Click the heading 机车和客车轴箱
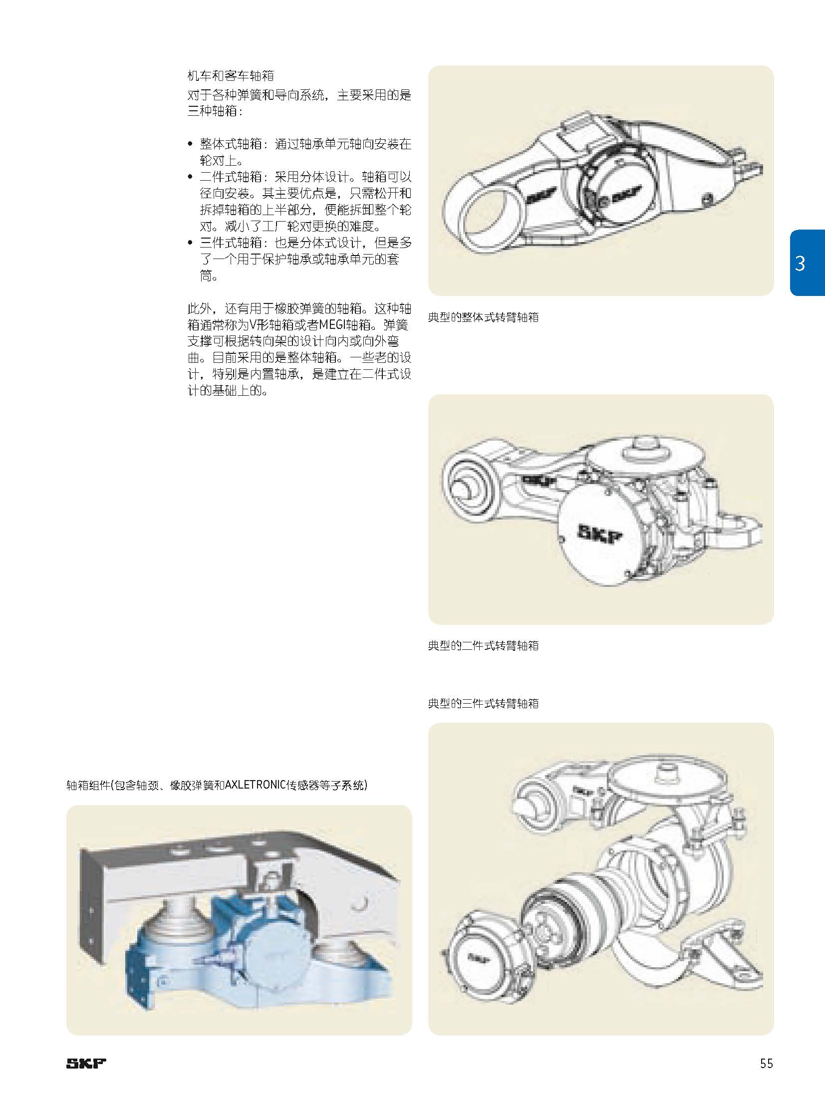231,76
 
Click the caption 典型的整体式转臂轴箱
483,317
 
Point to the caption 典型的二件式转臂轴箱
483,646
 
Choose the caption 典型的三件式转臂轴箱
483,704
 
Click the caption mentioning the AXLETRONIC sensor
217,786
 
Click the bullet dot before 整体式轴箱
190,144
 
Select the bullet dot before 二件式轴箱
190,177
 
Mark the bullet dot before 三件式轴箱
190,243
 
